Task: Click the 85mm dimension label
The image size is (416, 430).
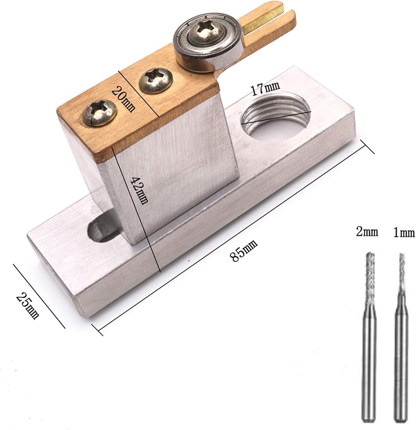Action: (x=244, y=251)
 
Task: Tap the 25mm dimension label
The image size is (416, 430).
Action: (x=28, y=306)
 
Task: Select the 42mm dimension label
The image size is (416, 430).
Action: (x=139, y=190)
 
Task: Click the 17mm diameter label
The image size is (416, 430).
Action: (x=266, y=88)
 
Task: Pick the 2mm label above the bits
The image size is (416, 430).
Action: (x=367, y=232)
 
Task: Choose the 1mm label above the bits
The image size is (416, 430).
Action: (x=404, y=233)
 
